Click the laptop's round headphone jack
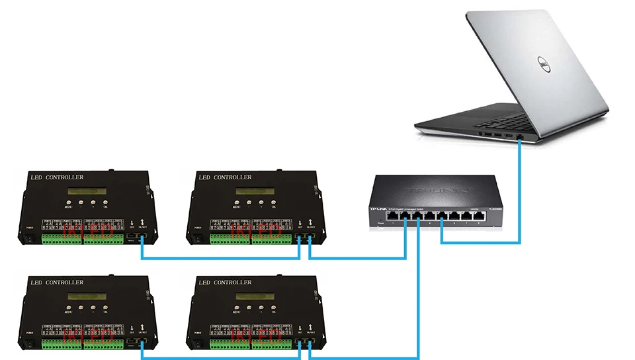(x=480, y=132)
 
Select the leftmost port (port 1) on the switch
(x=395, y=216)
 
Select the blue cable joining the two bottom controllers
(x=218, y=358)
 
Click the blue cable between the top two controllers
(x=218, y=257)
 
